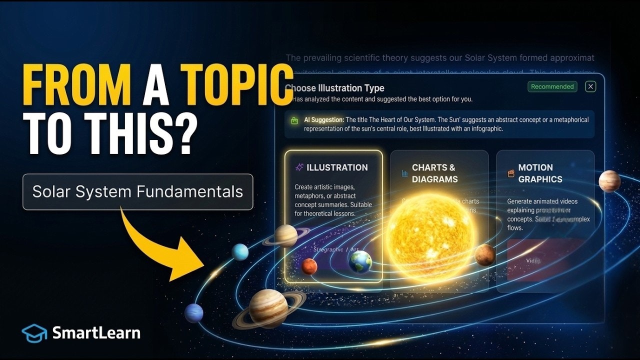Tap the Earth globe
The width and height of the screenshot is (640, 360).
(x=360, y=261)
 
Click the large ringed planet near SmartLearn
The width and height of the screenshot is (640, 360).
(x=269, y=307)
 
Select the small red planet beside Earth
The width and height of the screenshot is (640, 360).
(x=309, y=266)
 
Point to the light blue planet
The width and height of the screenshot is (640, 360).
(x=240, y=252)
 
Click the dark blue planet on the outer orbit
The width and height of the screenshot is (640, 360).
(x=194, y=313)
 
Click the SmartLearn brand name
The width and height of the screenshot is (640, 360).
(x=96, y=333)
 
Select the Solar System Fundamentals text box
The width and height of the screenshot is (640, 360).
(x=137, y=191)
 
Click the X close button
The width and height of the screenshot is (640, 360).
(x=590, y=86)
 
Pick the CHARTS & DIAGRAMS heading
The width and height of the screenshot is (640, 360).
(x=433, y=173)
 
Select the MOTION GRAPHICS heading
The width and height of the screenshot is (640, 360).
(x=540, y=173)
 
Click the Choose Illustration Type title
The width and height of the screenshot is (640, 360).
(x=334, y=88)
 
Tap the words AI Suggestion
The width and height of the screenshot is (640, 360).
(x=324, y=120)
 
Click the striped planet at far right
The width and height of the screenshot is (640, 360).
(x=609, y=181)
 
